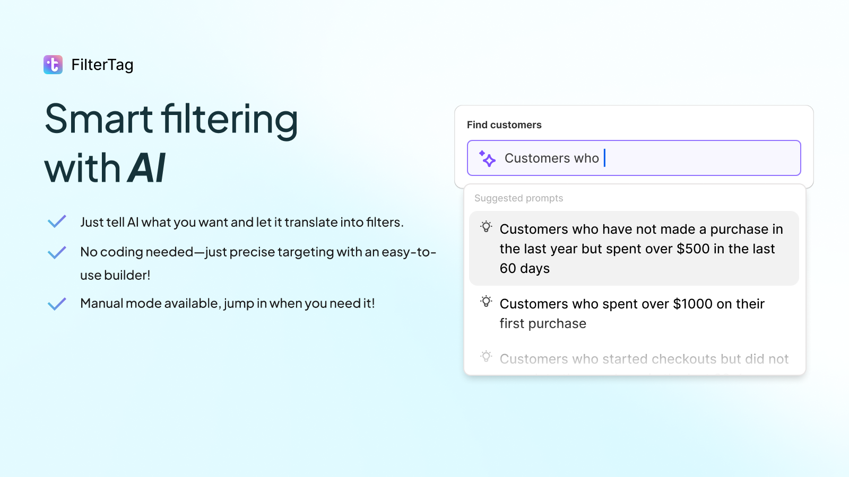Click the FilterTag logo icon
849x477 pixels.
(x=53, y=65)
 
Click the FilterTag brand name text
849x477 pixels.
(x=102, y=65)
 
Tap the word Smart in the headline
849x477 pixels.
(x=99, y=119)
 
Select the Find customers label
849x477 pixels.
(x=504, y=125)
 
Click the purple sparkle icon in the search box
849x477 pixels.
(x=487, y=158)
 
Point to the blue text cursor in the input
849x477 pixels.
(x=604, y=158)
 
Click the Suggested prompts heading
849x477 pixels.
(x=518, y=198)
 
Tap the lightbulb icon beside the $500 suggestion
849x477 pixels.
(x=486, y=227)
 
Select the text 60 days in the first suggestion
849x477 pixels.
(x=524, y=269)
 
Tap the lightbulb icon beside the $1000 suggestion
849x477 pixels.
(x=486, y=302)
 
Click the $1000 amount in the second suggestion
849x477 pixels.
(x=692, y=304)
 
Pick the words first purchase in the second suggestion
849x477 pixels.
(x=543, y=324)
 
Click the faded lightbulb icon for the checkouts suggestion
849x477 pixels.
(x=486, y=357)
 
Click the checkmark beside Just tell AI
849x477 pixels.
(x=57, y=222)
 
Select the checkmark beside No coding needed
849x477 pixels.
(x=57, y=252)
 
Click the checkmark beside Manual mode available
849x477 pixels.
(x=57, y=304)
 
